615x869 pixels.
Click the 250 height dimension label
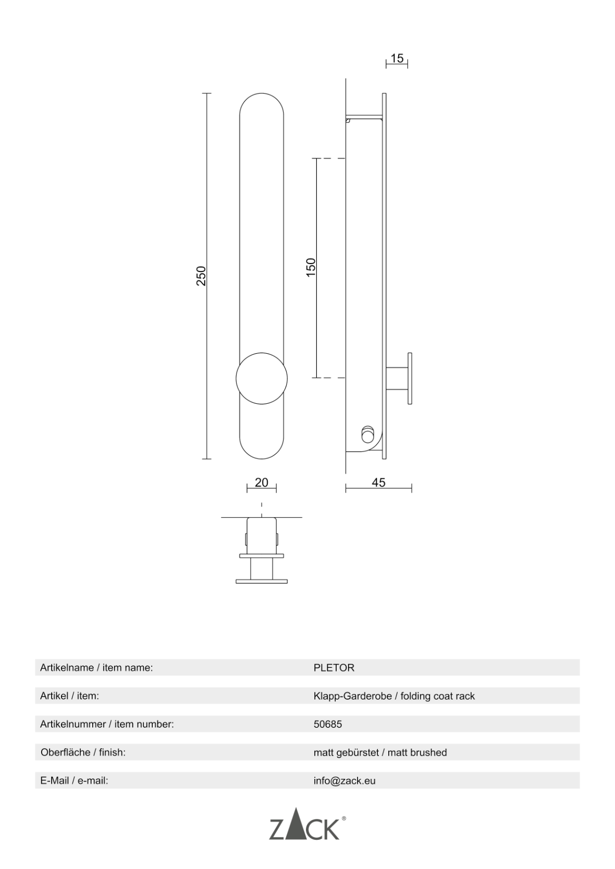[201, 276]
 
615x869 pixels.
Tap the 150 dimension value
[311, 267]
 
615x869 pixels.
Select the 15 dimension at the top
[397, 58]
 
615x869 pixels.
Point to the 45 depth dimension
[378, 482]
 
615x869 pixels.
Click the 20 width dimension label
[262, 482]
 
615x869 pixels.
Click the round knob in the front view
[262, 378]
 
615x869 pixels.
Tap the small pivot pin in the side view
[367, 434]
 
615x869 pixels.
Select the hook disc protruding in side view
[410, 378]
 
